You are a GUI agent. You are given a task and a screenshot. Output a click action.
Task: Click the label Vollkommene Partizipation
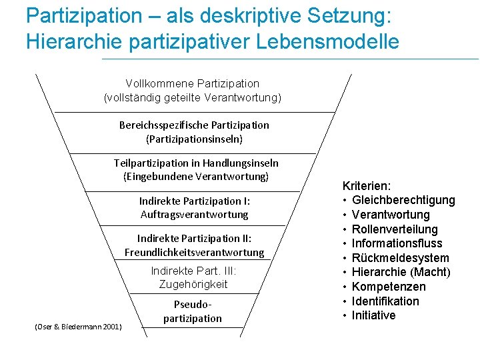[x=193, y=83]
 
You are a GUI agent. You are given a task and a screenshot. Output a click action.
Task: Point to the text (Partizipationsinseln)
[x=194, y=139]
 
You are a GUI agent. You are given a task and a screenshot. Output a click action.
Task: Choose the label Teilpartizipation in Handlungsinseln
[x=196, y=163]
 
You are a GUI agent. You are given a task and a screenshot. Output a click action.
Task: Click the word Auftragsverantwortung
[x=194, y=215]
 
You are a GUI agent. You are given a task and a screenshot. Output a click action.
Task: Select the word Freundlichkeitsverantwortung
[x=194, y=253]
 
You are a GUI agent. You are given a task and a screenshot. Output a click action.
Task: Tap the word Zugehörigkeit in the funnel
[x=193, y=285]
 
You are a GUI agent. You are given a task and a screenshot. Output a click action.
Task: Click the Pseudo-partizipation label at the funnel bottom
[x=193, y=311]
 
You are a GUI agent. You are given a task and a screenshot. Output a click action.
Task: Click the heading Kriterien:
[x=367, y=186]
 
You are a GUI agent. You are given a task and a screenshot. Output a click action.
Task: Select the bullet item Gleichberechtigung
[x=403, y=200]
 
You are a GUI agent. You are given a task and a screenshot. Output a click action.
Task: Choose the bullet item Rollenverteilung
[x=395, y=229]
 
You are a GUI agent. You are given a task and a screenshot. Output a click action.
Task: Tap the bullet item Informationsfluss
[x=397, y=243]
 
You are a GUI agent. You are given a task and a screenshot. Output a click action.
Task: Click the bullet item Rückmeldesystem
[x=400, y=258]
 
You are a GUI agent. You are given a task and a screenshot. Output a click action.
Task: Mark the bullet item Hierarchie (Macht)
[x=401, y=272]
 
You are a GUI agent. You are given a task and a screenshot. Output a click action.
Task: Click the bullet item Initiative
[x=373, y=315]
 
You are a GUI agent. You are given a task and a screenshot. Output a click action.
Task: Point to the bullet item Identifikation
[x=385, y=301]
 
